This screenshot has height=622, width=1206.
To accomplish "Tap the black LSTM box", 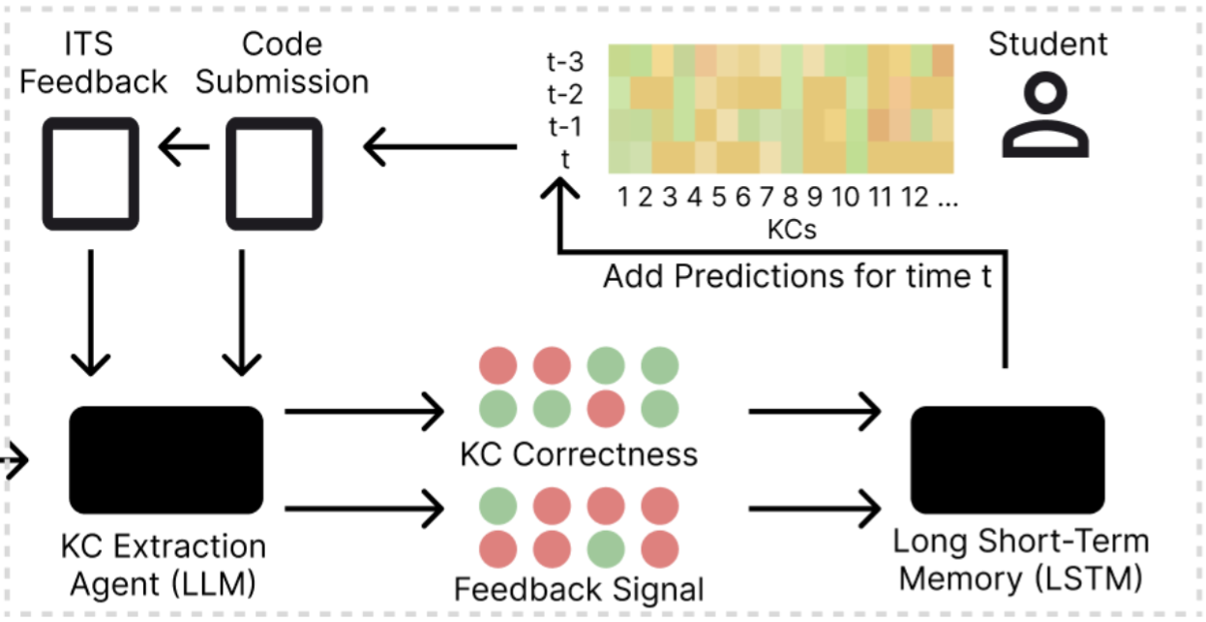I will click(1007, 460).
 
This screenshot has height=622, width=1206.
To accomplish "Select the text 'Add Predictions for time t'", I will click(799, 277).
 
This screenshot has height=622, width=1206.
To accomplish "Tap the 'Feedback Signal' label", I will click(579, 588).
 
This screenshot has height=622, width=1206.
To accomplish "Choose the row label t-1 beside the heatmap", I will click(565, 127).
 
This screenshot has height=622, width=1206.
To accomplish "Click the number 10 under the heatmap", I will click(844, 199).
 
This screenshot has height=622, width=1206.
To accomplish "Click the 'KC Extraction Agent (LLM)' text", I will click(163, 565).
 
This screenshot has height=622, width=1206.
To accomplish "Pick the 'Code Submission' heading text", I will click(282, 63).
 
